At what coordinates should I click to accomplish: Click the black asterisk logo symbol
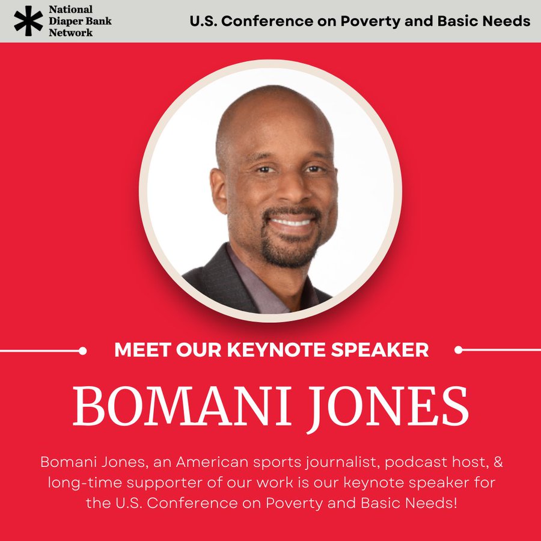(29, 20)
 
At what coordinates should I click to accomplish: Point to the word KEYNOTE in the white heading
(277, 350)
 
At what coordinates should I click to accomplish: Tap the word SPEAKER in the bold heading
(379, 350)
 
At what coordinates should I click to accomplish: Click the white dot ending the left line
(82, 351)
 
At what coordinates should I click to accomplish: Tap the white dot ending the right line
(458, 350)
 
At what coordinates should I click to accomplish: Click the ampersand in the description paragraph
(498, 462)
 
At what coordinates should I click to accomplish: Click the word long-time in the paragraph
(85, 483)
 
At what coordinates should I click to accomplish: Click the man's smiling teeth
(292, 222)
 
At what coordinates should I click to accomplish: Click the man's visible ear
(219, 191)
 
